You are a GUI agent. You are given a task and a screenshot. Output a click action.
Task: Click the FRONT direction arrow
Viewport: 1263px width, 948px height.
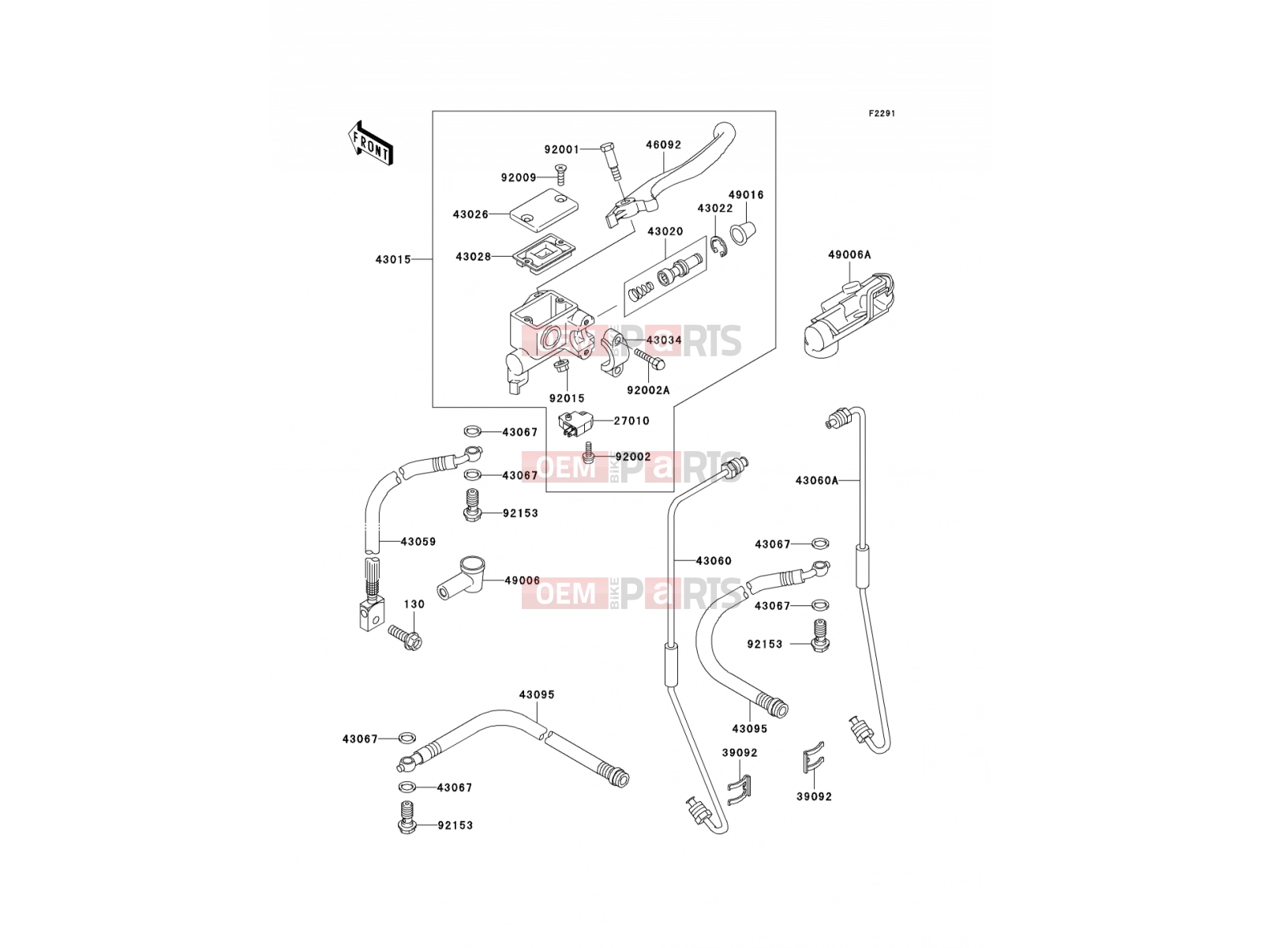click(370, 143)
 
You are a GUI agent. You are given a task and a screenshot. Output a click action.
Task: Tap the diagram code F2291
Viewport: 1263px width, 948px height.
click(882, 114)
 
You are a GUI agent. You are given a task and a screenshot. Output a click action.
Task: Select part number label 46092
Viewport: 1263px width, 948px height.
click(663, 145)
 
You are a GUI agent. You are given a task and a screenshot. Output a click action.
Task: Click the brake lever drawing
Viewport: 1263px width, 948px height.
click(673, 179)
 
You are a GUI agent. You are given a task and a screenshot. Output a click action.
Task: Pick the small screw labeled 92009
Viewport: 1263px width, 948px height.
click(560, 175)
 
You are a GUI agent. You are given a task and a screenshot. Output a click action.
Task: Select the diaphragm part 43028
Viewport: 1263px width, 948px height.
click(544, 251)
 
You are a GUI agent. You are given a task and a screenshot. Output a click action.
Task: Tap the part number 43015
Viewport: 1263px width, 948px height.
click(393, 260)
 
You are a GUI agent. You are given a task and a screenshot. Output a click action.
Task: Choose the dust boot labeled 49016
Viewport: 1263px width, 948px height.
click(743, 232)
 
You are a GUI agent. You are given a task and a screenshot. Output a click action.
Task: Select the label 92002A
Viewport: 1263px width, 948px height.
click(648, 390)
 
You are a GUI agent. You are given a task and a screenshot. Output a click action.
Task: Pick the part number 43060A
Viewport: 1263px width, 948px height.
click(816, 480)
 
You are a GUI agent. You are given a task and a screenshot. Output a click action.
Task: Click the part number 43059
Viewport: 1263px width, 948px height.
click(418, 542)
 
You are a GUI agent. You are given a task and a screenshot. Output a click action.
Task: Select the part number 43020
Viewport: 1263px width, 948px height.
click(665, 231)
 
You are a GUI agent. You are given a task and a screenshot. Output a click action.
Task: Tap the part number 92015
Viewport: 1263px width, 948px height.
click(566, 398)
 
